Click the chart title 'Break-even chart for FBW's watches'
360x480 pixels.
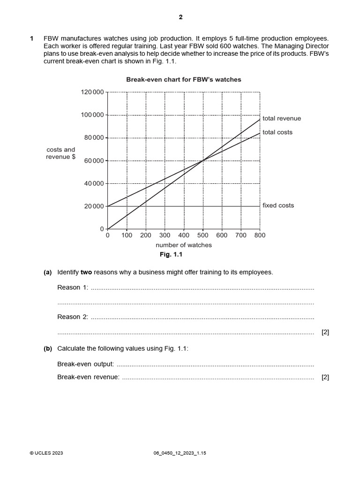[x=183, y=80]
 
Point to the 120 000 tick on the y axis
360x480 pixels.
[x=93, y=92]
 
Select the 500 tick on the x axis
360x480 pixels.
[x=202, y=235]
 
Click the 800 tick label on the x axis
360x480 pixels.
[x=260, y=235]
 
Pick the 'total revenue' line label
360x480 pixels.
[x=282, y=119]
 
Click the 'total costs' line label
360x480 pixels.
[x=277, y=132]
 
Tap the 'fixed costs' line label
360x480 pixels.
[x=278, y=205]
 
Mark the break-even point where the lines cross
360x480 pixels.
[x=202, y=161]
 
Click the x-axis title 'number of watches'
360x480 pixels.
[x=183, y=245]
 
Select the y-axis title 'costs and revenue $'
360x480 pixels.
[x=60, y=153]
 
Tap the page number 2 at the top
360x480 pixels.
[x=180, y=17]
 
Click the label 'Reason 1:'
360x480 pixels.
[x=72, y=287]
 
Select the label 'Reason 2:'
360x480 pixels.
[x=72, y=317]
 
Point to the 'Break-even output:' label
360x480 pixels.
[x=85, y=364]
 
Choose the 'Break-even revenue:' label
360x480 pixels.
[x=88, y=377]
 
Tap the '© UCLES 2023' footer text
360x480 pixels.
[x=46, y=453]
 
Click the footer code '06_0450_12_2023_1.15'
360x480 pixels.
[x=180, y=453]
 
